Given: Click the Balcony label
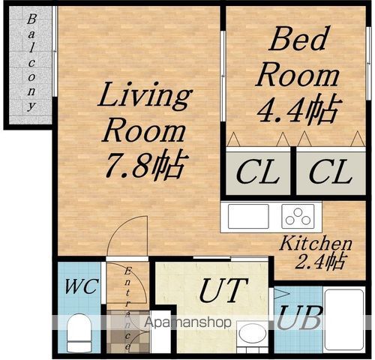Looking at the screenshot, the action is tap(31, 62).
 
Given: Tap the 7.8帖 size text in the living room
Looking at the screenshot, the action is tap(146, 165).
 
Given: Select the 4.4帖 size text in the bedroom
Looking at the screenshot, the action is tap(299, 109).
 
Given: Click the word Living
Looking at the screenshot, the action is tap(145, 96).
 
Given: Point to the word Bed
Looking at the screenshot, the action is tap(298, 39).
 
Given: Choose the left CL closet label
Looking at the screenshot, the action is tap(257, 172).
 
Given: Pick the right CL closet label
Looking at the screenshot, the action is tap(331, 172).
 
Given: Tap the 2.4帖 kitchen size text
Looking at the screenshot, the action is tap(321, 262).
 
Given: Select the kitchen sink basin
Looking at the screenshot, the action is tap(248, 217).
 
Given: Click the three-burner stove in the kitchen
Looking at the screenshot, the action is tap(298, 217).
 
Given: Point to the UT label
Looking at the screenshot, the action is tap(223, 290).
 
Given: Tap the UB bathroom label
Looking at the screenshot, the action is tap(299, 318).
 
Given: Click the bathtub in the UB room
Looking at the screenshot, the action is tap(344, 320).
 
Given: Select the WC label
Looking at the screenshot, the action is tap(80, 286).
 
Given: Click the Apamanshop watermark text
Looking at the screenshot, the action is tap(187, 322).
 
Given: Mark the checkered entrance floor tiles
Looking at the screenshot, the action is tap(128, 331).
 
